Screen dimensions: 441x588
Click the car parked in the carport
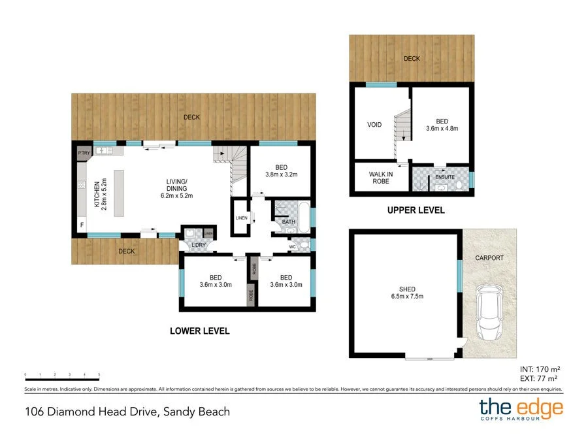490,312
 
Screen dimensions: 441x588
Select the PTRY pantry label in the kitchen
84,153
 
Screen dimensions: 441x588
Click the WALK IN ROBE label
380,178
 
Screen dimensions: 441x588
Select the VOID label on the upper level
374,124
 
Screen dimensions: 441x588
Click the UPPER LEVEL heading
416,210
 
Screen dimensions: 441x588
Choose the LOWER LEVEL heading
199,331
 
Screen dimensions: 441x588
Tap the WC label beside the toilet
292,246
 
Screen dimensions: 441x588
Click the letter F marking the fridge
82,225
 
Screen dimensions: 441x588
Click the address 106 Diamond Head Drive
127,412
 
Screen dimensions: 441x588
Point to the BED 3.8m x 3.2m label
281,170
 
